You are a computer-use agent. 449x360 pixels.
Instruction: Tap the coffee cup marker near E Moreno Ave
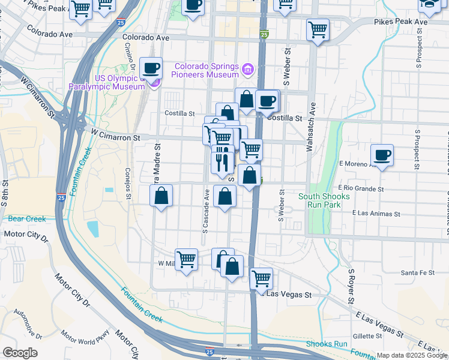(382, 156)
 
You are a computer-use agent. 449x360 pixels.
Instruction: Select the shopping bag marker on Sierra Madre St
(161, 196)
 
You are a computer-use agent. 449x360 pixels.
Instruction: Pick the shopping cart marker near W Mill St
(187, 260)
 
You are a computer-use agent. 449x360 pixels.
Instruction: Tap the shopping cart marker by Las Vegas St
(261, 278)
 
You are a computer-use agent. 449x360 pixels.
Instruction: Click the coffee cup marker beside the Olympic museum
(151, 67)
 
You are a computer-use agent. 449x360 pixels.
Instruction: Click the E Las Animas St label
(376, 213)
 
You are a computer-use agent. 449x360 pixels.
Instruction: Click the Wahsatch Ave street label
(312, 128)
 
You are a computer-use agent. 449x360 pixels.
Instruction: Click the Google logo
(20, 353)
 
